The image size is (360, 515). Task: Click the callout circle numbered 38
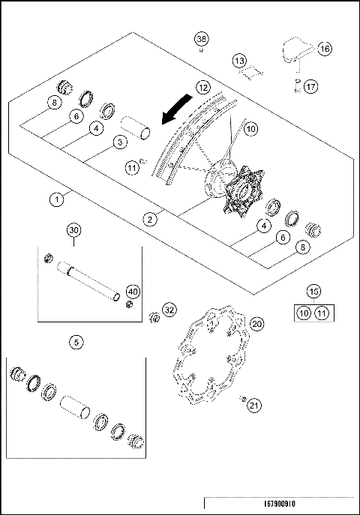(201, 39)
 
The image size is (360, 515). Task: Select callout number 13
(238, 61)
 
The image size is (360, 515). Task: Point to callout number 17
(310, 86)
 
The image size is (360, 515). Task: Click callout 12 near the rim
(203, 87)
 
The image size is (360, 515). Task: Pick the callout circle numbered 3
(119, 141)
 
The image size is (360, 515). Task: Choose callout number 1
(55, 199)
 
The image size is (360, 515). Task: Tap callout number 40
(133, 292)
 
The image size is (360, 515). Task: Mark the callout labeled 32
(170, 309)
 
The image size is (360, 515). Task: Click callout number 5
(76, 342)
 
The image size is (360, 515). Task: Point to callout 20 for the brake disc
(256, 325)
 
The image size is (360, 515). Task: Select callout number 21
(254, 406)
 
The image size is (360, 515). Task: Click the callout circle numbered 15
(312, 291)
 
